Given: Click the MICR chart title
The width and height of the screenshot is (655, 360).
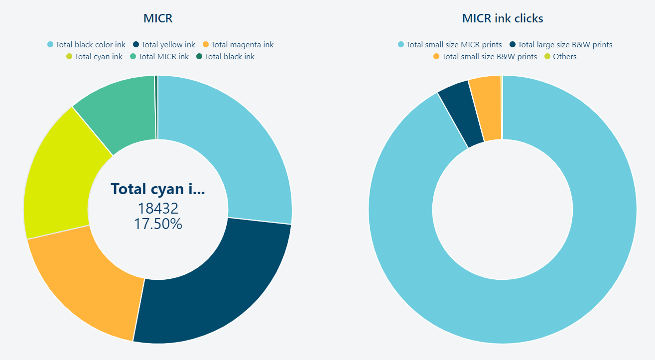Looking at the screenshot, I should coord(158,19).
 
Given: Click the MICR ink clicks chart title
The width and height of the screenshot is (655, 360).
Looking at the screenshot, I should coord(503,19).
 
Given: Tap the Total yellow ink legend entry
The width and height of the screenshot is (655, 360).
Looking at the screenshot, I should coord(168,45).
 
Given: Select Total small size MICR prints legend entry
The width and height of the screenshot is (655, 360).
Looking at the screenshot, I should coord(454,45).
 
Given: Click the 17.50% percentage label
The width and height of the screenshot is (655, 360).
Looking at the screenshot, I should coord(158,224).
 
